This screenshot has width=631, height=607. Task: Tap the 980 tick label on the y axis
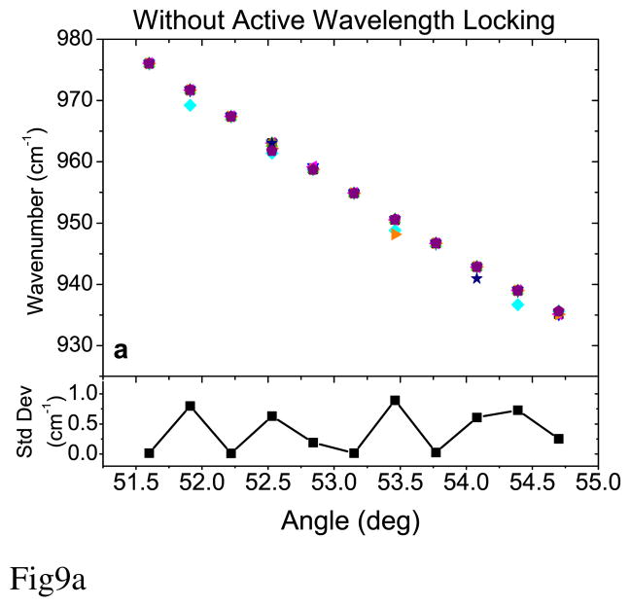point(75,39)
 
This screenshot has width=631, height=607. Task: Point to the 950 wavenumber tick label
point(75,223)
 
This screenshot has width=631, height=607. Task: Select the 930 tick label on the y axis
point(75,345)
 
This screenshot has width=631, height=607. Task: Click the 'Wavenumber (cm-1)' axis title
point(36,223)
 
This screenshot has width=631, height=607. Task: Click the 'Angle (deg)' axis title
point(350,521)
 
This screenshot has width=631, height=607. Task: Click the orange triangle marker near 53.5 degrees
point(396,234)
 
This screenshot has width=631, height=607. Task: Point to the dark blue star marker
point(476,278)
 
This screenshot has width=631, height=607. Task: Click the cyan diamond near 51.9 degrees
point(191,105)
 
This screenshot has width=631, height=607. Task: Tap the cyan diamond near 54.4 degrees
point(517,304)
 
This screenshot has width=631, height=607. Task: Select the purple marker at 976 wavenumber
point(149,63)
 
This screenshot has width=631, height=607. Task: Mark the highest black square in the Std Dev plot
point(395,400)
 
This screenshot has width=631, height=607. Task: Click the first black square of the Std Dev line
point(149,453)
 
